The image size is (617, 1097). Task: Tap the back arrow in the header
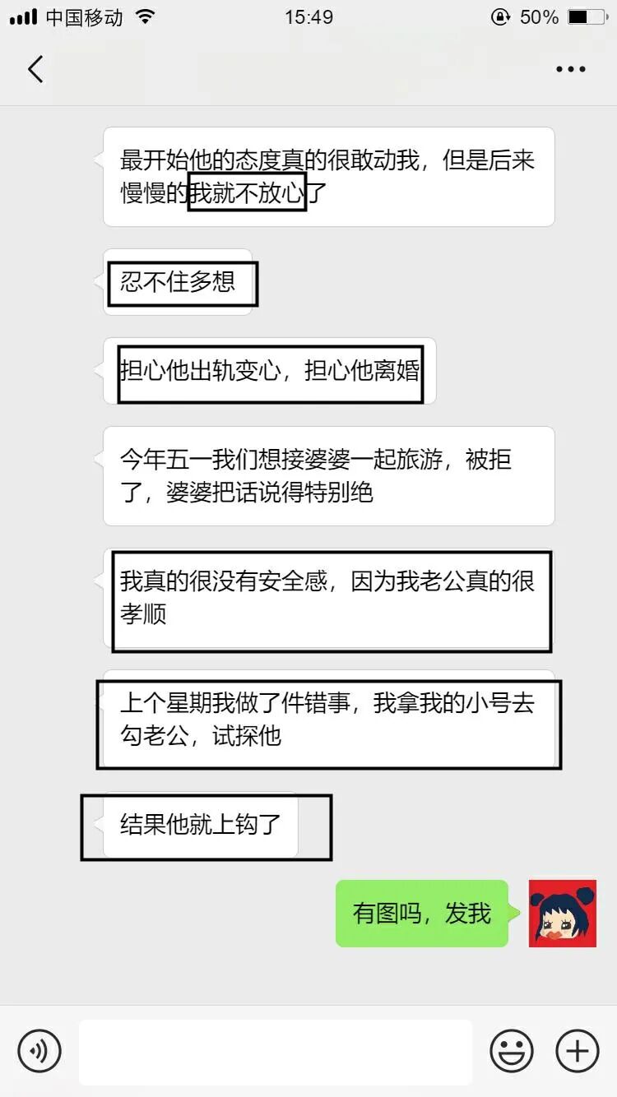[x=35, y=69]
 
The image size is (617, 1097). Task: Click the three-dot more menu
[x=570, y=70]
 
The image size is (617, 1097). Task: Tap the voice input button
[x=39, y=1050]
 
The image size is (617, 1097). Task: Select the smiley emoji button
[x=511, y=1050]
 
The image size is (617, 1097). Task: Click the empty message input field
[x=276, y=1051]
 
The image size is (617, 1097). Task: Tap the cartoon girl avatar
[x=562, y=913]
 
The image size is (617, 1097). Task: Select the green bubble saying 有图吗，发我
[x=421, y=914]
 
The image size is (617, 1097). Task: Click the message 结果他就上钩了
[x=201, y=825]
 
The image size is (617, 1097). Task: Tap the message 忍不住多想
[x=178, y=282]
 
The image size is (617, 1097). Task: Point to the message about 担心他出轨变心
[x=270, y=371]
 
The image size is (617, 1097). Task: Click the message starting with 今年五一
[x=328, y=475]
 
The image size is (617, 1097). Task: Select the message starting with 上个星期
[x=328, y=720]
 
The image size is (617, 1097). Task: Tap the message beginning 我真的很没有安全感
[x=328, y=598]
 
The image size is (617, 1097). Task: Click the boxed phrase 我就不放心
[x=247, y=192]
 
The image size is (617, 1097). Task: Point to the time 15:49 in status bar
[x=308, y=17]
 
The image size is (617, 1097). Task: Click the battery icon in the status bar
[x=588, y=17]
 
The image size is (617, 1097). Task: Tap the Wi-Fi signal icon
[x=145, y=17]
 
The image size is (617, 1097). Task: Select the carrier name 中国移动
[x=84, y=17]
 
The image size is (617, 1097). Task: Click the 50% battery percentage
[x=539, y=17]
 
